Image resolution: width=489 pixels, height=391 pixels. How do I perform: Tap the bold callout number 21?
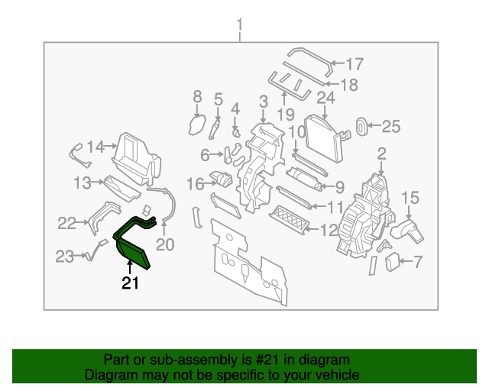point(131,285)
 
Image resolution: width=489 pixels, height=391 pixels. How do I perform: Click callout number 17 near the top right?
point(355,64)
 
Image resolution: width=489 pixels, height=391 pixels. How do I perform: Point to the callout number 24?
point(325,98)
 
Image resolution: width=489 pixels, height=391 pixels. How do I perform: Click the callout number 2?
point(381,154)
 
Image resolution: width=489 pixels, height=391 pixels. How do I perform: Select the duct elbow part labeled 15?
point(404,228)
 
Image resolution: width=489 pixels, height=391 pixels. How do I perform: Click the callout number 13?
point(83,183)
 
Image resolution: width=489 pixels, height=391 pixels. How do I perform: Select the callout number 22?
point(67,223)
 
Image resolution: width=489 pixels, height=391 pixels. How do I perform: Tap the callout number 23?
point(64,257)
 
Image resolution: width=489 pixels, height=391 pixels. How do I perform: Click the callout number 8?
point(196,97)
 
